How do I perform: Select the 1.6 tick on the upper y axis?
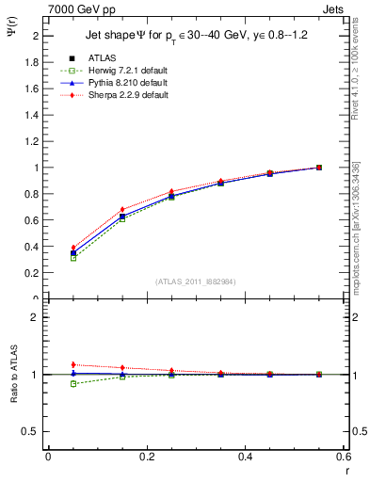pos(34,88)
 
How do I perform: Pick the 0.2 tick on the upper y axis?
pos(34,273)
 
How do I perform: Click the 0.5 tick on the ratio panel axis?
pos(34,431)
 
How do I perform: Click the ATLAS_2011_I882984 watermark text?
pos(196,281)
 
